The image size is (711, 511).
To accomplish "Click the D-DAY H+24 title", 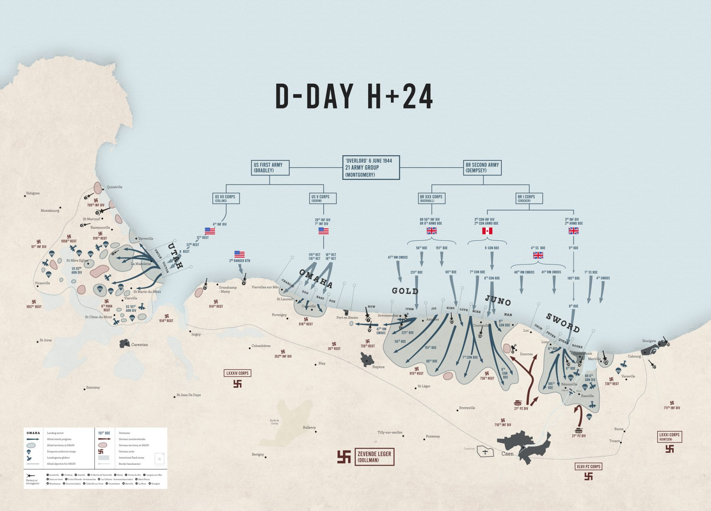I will (354, 96).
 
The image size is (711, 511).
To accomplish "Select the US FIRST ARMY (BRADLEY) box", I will (270, 168).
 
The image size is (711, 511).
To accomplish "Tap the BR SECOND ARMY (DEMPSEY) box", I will (482, 168).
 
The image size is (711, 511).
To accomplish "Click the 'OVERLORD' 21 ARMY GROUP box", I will (371, 167).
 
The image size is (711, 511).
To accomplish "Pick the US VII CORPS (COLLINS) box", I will (226, 198).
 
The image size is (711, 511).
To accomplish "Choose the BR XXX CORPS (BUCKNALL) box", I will (432, 198).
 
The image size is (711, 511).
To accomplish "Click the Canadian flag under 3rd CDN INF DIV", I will (487, 231).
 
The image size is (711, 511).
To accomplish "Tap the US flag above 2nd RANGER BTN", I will (239, 254).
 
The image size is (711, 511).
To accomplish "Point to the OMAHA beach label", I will (316, 278).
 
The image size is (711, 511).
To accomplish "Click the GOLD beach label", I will (405, 291).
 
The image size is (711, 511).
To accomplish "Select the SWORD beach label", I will (563, 322).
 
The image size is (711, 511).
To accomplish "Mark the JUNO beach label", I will (498, 301).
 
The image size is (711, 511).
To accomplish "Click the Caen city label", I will (507, 454).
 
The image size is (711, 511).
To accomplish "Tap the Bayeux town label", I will (378, 367).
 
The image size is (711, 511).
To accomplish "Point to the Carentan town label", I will (139, 345).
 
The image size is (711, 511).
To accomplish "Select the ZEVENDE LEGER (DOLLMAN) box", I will (374, 457).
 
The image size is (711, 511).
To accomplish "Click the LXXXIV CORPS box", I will (238, 373).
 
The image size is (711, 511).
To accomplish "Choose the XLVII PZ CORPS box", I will (589, 467).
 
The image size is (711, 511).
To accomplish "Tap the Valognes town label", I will (33, 193).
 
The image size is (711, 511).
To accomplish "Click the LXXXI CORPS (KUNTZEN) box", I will (670, 437).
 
